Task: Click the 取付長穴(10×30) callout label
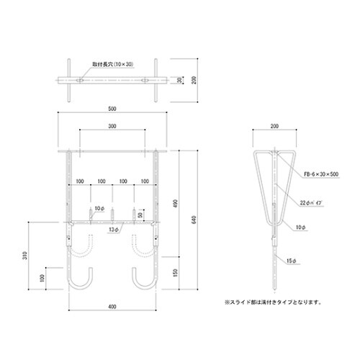(115, 65)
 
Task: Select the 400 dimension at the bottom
(112, 307)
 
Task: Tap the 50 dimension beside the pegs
(139, 214)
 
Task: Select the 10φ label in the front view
(99, 209)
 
